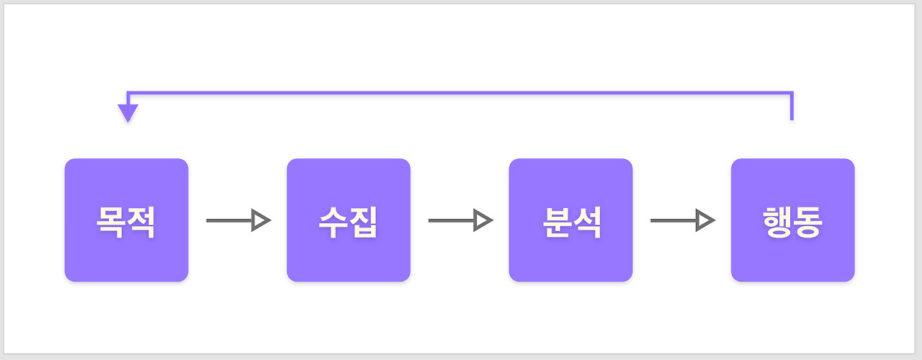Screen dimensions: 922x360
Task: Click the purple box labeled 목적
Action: coord(126,220)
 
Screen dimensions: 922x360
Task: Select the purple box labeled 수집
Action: coord(349,220)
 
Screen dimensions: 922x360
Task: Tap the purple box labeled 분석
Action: coord(570,220)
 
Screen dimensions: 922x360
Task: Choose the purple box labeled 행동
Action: coord(793,220)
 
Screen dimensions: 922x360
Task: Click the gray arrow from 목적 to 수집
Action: coord(238,220)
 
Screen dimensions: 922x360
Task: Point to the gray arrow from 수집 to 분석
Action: coord(461,220)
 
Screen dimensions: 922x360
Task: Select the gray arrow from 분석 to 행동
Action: coord(683,220)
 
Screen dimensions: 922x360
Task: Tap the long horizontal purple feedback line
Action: coord(460,93)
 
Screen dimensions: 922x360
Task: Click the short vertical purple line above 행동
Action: coord(792,107)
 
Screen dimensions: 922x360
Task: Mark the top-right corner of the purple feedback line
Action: coord(792,93)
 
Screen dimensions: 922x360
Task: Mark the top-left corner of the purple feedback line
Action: coord(127,93)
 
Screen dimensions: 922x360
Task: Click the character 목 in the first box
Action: coord(110,222)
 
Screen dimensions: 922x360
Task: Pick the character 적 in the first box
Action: coord(141,222)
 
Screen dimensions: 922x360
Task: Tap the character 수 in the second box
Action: coord(333,222)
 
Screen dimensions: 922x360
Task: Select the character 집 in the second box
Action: coord(363,222)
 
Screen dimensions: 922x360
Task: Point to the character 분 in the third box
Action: coord(555,222)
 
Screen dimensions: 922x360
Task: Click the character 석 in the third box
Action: coord(586,222)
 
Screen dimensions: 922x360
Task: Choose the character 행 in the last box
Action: coord(777,222)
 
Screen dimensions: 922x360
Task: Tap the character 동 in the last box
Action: coord(808,222)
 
